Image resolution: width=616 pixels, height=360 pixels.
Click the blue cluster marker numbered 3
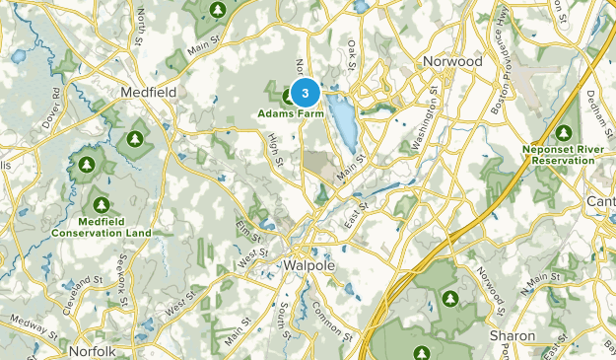click(x=306, y=94)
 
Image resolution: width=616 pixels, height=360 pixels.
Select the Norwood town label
click(x=452, y=61)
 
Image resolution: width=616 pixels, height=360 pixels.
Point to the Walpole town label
click(x=310, y=266)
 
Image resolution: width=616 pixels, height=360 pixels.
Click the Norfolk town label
click(x=93, y=350)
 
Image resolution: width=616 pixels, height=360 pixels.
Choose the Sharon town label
click(x=513, y=335)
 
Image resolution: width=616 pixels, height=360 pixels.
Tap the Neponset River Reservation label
click(x=564, y=154)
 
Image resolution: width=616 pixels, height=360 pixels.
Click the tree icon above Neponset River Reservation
click(x=565, y=133)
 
